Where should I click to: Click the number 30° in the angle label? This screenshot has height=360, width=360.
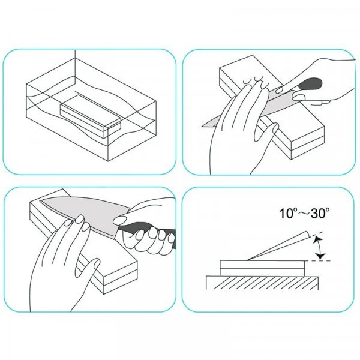[x=320, y=213]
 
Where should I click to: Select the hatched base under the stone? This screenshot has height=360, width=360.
[x=262, y=283]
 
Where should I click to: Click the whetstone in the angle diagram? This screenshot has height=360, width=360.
[x=262, y=268]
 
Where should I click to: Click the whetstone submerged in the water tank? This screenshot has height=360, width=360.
[x=90, y=116]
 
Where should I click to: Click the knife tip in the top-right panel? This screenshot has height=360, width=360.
[x=203, y=125]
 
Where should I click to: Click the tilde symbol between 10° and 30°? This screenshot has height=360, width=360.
[x=304, y=214]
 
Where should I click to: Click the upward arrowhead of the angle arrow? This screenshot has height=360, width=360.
[x=318, y=240]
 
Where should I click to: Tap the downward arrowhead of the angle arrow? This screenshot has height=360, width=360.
[x=320, y=256]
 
